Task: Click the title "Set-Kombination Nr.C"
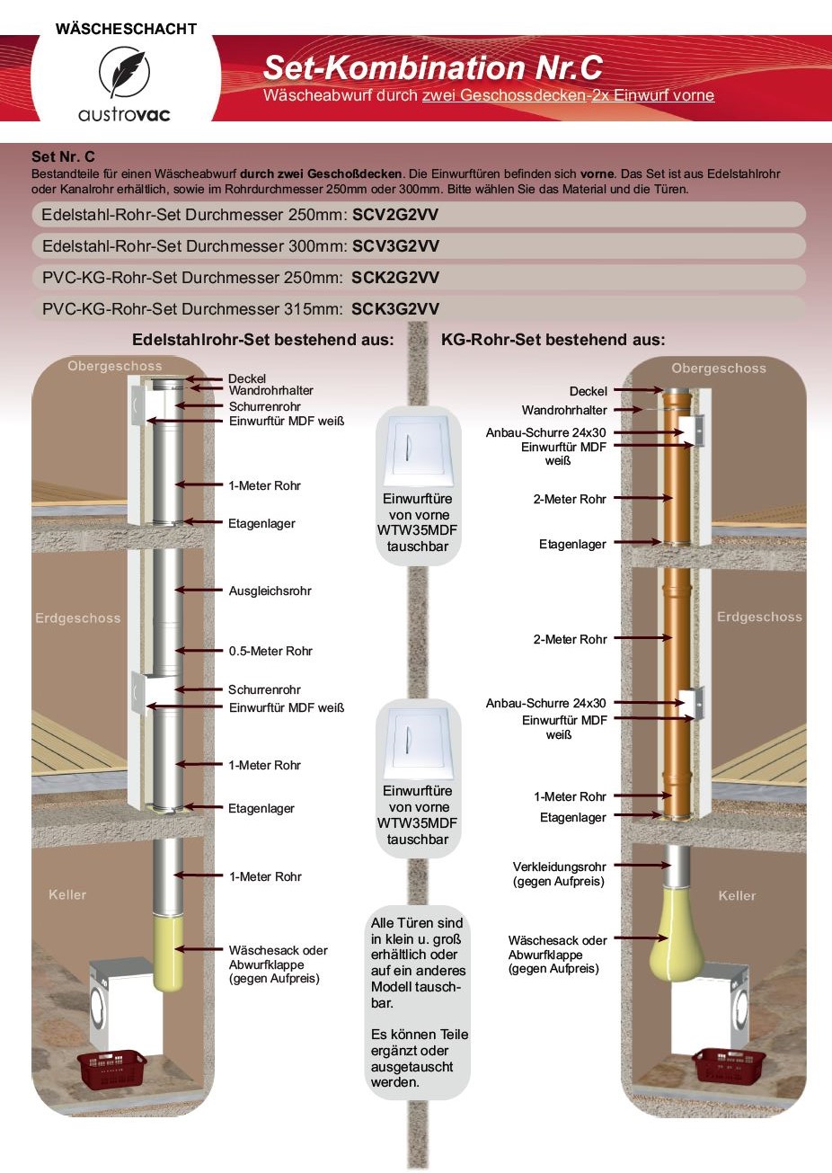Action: click(x=432, y=67)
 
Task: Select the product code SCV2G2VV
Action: click(x=395, y=215)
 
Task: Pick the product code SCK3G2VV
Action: click(x=395, y=309)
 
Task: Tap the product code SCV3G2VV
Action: click(x=395, y=246)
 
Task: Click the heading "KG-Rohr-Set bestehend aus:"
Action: click(x=553, y=340)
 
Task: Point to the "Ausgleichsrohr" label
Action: click(x=270, y=591)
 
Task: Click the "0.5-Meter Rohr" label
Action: click(x=270, y=651)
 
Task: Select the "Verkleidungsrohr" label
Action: click(x=559, y=866)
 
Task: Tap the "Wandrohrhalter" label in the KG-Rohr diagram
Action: click(x=564, y=410)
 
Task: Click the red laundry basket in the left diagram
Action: click(x=111, y=1068)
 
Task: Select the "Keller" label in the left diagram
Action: click(x=67, y=894)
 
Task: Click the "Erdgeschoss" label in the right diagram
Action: click(x=759, y=617)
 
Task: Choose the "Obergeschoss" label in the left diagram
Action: click(x=115, y=366)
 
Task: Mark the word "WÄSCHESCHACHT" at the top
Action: click(x=126, y=29)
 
